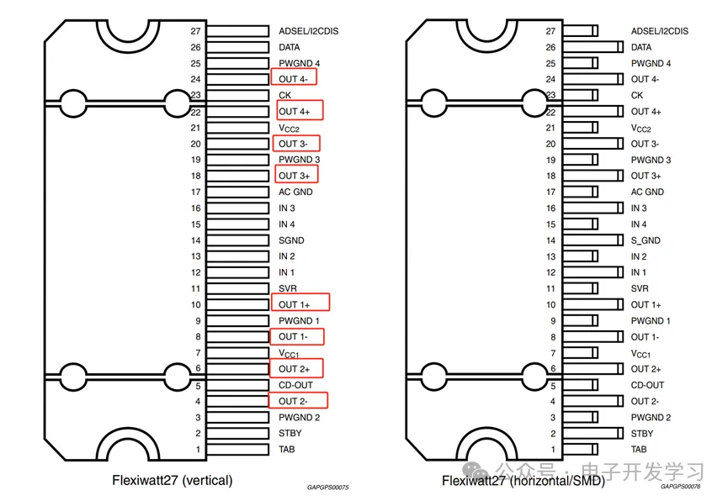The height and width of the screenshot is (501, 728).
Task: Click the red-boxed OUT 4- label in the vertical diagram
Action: (x=294, y=79)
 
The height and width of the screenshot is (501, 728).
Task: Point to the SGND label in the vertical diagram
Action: (x=291, y=240)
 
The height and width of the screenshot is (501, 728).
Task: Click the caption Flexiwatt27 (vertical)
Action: (x=173, y=481)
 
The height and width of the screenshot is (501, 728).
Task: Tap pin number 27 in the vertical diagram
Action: (x=195, y=31)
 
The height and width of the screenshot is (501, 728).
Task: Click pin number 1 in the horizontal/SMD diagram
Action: (x=551, y=450)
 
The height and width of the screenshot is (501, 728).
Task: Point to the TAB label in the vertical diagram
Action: (x=287, y=450)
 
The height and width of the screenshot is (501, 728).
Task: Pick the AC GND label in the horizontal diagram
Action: (x=647, y=192)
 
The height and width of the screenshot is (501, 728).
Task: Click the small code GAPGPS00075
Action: (x=328, y=487)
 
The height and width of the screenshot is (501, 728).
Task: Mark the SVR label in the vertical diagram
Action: (x=288, y=288)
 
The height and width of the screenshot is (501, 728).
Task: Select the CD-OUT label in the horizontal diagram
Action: (x=648, y=385)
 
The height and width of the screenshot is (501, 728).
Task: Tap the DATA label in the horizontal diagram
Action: (x=641, y=47)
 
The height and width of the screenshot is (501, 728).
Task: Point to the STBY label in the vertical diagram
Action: (x=290, y=434)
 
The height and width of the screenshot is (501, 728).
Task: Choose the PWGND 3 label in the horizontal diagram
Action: (x=651, y=160)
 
